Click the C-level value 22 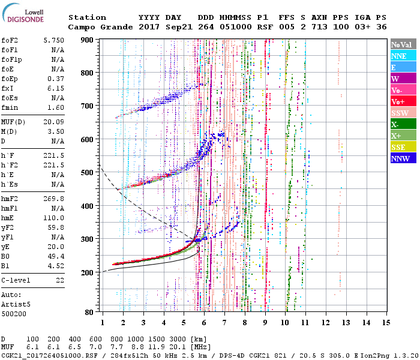(x=60, y=280)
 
